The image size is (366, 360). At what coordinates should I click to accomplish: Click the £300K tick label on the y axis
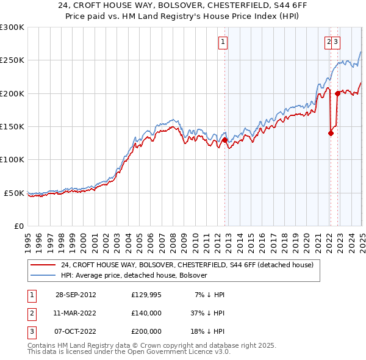pyautogui.click(x=12, y=27)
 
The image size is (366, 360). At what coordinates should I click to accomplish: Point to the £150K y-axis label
pyautogui.click(x=12, y=127)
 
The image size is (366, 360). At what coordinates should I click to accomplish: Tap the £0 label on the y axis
pyautogui.click(x=19, y=226)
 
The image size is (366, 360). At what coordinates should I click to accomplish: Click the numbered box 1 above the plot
pyautogui.click(x=223, y=42)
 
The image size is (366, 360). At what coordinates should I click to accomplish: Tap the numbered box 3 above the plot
pyautogui.click(x=336, y=42)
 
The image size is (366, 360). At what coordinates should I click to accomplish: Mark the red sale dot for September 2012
pyautogui.click(x=224, y=140)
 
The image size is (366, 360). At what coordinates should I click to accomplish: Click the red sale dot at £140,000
pyautogui.click(x=331, y=133)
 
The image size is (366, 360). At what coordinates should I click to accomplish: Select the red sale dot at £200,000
pyautogui.click(x=337, y=93)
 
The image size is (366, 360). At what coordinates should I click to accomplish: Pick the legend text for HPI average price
pyautogui.click(x=134, y=275)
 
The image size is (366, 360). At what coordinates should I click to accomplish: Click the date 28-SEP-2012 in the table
pyautogui.click(x=76, y=295)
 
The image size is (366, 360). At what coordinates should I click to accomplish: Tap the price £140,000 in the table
pyautogui.click(x=146, y=313)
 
